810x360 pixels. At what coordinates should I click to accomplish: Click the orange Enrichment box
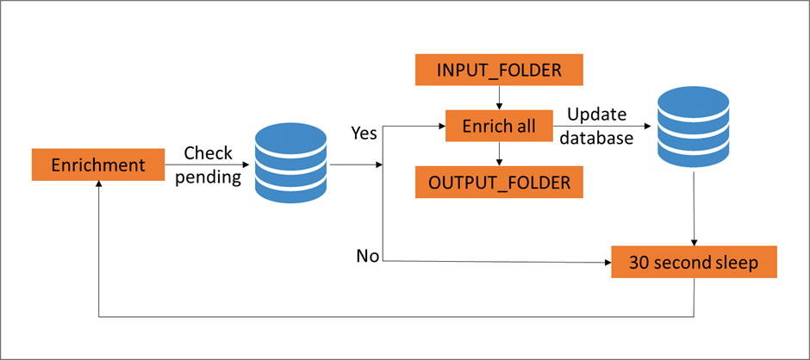pyautogui.click(x=98, y=164)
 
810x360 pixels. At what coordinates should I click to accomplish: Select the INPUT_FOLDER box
pyautogui.click(x=499, y=69)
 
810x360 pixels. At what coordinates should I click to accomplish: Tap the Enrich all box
pyautogui.click(x=499, y=127)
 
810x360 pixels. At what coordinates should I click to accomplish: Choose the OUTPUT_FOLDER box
pyautogui.click(x=499, y=183)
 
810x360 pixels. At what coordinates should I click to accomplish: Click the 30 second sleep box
pyautogui.click(x=694, y=261)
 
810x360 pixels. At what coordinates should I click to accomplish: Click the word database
pyautogui.click(x=597, y=136)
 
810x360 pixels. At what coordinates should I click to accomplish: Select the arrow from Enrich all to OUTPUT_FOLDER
pyautogui.click(x=499, y=154)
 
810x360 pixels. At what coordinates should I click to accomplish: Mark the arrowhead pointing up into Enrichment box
pyautogui.click(x=99, y=187)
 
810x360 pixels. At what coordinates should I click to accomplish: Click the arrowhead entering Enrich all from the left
pyautogui.click(x=439, y=127)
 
